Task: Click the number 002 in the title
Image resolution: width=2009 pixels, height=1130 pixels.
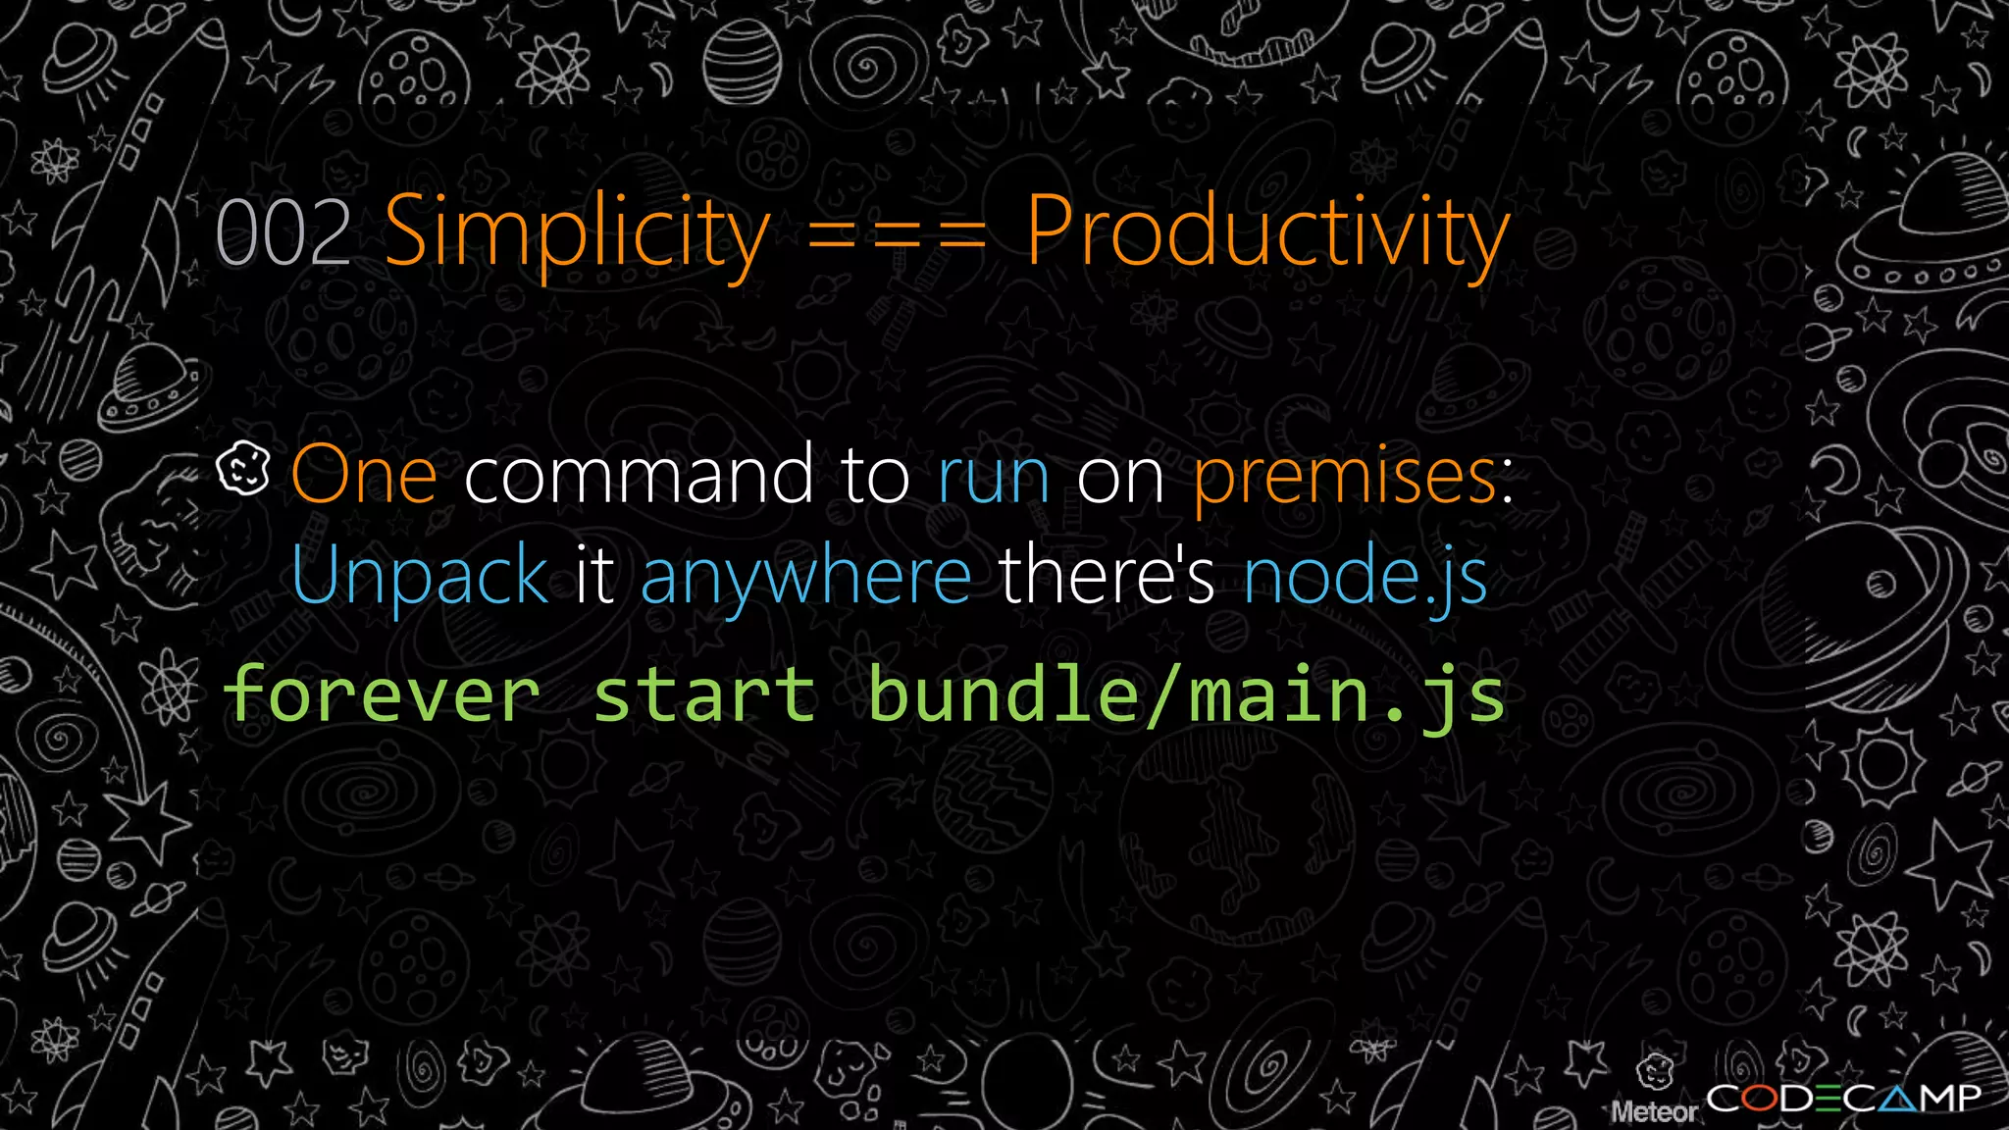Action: [283, 232]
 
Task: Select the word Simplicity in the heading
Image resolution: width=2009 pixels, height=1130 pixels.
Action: [577, 232]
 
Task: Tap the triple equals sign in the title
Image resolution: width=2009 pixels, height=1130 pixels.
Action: [897, 235]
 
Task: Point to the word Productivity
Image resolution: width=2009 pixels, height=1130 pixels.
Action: [1267, 232]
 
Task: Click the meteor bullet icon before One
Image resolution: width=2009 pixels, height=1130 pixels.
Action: [242, 468]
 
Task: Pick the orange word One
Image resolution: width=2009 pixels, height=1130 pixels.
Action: [364, 475]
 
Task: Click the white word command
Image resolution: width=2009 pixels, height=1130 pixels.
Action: [638, 475]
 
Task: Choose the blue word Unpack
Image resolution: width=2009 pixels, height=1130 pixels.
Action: [419, 576]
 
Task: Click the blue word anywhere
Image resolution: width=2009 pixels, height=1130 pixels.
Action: [805, 578]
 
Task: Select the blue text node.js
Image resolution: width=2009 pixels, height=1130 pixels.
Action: [1365, 578]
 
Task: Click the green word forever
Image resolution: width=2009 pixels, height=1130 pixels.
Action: [382, 694]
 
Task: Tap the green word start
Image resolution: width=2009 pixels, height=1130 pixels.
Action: [704, 694]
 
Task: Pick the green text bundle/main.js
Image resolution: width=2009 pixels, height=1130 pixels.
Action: [1186, 694]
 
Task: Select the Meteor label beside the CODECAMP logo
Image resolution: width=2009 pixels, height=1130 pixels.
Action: [1654, 1111]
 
